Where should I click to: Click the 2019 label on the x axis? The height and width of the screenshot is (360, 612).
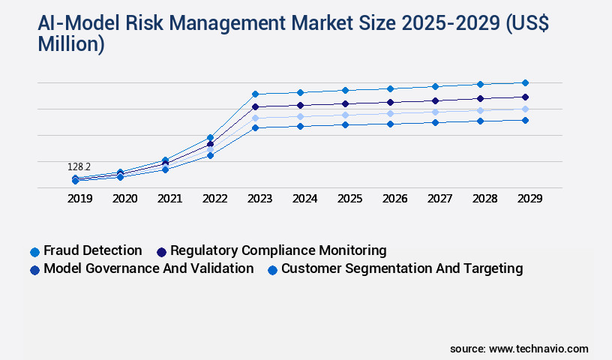point(79,199)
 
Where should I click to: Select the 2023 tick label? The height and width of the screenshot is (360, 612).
point(259,199)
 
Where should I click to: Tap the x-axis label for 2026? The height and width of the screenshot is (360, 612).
point(394,199)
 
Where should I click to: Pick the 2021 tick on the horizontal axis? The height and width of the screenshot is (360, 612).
point(169,199)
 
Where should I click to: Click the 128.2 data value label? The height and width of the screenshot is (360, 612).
point(79,166)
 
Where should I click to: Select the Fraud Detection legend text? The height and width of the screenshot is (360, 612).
point(92,250)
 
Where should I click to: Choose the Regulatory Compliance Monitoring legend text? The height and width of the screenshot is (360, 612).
point(278,250)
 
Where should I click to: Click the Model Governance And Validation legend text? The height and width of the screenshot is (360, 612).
point(148,268)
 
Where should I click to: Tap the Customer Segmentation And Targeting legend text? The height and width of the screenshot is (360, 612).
point(401,268)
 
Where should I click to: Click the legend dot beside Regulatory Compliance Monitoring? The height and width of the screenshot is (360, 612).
point(161,251)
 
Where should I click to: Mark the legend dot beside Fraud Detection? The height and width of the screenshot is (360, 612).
point(34,251)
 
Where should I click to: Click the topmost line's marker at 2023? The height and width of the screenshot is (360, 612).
point(255,94)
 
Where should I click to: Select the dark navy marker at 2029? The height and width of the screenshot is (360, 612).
point(525,97)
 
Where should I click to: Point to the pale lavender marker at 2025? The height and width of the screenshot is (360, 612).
point(345,115)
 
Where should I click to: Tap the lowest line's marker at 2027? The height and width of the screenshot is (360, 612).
point(435,122)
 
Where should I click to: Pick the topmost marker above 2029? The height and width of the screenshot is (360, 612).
point(525,82)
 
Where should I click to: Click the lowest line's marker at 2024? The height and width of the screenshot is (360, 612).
point(300,126)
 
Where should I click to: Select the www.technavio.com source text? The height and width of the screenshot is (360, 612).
point(538,349)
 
